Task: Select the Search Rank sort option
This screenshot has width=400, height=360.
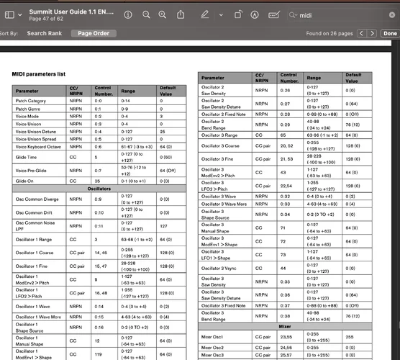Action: click(x=45, y=33)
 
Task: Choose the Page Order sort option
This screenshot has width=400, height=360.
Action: click(x=94, y=33)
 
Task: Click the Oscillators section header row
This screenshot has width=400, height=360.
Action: click(x=99, y=189)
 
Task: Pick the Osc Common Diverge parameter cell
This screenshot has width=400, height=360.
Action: click(x=36, y=198)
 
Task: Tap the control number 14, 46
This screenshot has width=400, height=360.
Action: click(x=101, y=253)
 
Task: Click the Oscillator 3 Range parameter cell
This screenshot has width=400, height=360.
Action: click(x=219, y=135)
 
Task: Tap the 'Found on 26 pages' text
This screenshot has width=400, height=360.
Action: click(x=330, y=33)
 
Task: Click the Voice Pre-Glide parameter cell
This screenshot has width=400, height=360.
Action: click(x=30, y=171)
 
